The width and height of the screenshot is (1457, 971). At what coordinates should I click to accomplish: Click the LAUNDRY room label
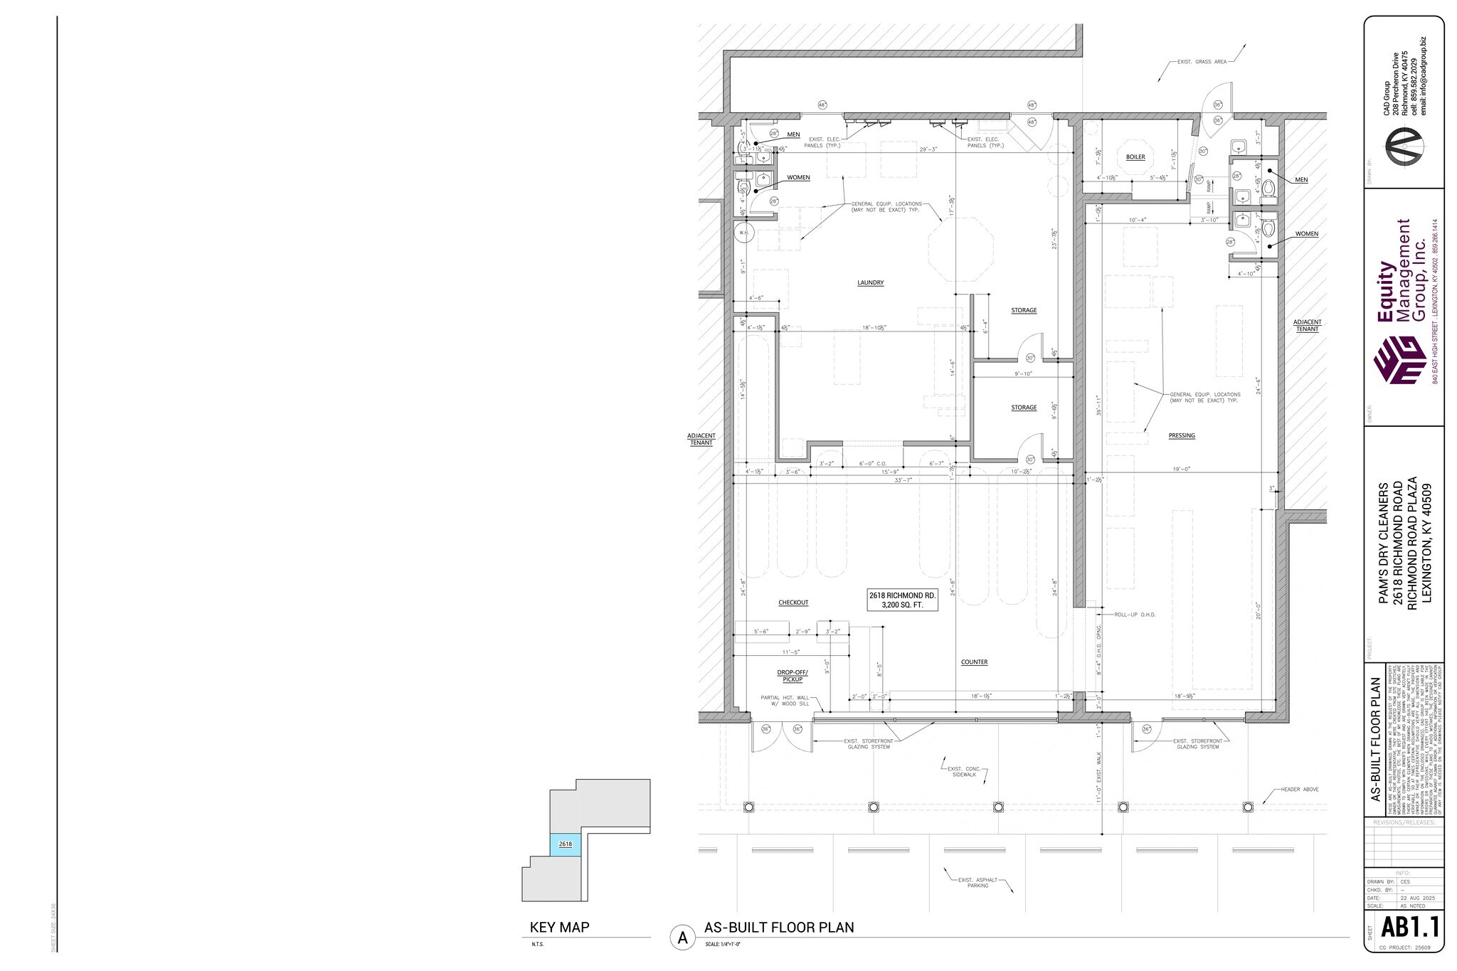(x=870, y=282)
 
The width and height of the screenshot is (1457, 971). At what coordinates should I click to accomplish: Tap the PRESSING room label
(x=1181, y=435)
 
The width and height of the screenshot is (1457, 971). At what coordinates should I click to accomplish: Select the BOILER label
(x=1135, y=156)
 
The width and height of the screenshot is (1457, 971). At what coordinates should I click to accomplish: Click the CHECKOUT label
(x=793, y=603)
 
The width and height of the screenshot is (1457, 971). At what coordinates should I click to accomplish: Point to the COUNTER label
(x=974, y=662)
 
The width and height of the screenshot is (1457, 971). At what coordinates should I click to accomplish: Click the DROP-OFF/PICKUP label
(x=793, y=675)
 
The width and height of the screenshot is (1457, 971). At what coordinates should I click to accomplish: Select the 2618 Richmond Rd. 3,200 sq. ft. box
(x=901, y=600)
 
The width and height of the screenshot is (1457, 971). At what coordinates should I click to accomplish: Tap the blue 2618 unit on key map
(x=566, y=844)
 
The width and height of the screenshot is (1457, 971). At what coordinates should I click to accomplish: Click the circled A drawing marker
(x=682, y=938)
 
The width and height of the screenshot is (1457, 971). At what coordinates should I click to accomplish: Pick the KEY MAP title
(x=559, y=928)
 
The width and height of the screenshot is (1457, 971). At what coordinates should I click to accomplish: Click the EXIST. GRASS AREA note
(x=1202, y=62)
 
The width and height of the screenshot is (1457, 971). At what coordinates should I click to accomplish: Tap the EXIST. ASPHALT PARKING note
(x=977, y=882)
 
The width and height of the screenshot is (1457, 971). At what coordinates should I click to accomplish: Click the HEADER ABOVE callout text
(x=1300, y=790)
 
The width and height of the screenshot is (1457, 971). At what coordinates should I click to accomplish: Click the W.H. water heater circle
(x=743, y=232)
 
